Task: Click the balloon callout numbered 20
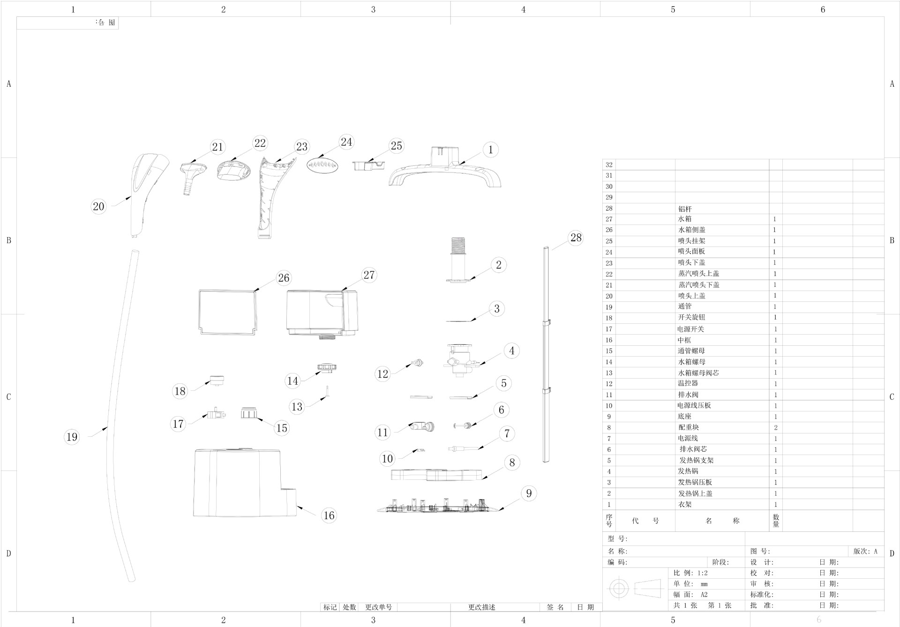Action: point(98,206)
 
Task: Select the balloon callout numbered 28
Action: point(576,238)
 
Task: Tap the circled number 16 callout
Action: point(329,515)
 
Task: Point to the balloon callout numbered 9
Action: point(529,493)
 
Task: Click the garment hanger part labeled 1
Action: point(444,171)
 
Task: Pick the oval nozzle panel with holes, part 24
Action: point(322,165)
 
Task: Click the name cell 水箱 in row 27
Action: point(685,219)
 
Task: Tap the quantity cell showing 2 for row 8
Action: point(776,427)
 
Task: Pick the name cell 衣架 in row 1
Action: point(685,505)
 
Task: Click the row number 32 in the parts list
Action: point(609,164)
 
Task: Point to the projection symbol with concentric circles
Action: point(619,588)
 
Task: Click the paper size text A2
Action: point(704,595)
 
